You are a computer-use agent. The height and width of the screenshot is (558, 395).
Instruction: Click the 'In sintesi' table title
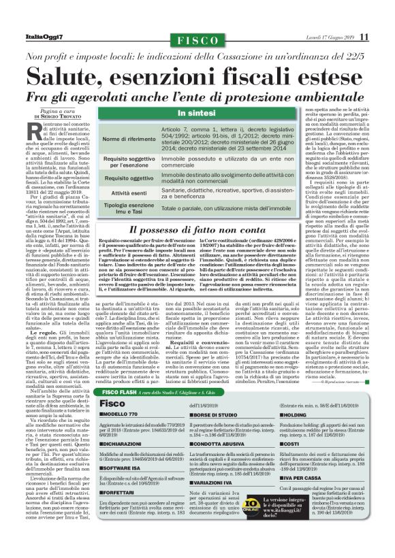coord(197,112)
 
